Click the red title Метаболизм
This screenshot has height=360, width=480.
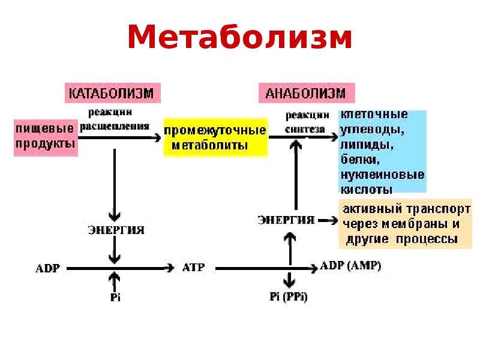tap(239, 37)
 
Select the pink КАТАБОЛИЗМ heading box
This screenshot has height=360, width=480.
tap(113, 93)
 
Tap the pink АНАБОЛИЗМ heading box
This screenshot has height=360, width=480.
tap(307, 93)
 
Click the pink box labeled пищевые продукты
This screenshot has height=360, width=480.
tap(46, 138)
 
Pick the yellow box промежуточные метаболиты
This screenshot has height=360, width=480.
tap(215, 137)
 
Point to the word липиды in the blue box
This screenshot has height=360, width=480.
tap(367, 145)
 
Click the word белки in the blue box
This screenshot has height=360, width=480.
tap(361, 160)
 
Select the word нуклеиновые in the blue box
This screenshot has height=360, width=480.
tap(383, 175)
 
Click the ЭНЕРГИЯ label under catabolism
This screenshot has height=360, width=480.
tap(116, 230)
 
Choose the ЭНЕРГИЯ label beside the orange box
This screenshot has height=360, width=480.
tap(286, 220)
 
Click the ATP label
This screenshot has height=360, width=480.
tap(193, 268)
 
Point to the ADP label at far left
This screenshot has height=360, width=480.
tap(48, 268)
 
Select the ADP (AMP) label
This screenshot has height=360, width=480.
tap(350, 266)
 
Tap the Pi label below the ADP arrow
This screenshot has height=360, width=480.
tap(115, 297)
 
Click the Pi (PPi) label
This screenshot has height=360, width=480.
tap(289, 296)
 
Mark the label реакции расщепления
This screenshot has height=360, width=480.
tap(115, 119)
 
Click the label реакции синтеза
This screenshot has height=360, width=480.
tap(307, 122)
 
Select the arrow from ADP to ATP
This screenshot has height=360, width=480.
tap(121, 268)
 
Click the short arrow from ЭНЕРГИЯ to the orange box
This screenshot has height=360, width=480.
tap(328, 220)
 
